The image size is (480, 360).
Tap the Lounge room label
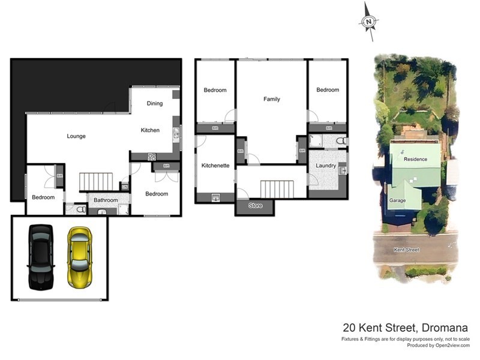[x=76, y=136]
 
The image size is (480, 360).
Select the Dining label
[x=155, y=104]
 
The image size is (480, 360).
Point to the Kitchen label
[x=150, y=130]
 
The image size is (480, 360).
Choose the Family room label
[x=272, y=99]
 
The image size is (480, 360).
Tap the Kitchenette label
[x=216, y=166]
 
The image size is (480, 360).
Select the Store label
[x=256, y=206]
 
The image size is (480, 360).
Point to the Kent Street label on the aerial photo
[x=407, y=250]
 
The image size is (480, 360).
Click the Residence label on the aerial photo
[x=415, y=159]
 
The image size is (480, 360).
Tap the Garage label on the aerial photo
[x=397, y=200]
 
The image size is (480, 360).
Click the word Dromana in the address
[x=445, y=328]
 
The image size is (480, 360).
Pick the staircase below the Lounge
[x=97, y=181]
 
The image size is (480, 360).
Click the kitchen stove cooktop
[x=152, y=157]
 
